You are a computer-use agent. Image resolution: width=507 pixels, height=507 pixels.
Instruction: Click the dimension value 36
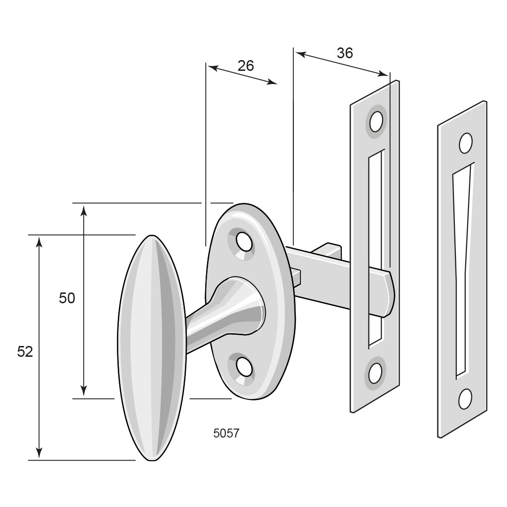[x=345, y=53]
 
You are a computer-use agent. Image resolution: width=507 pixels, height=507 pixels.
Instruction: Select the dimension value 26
[x=246, y=66]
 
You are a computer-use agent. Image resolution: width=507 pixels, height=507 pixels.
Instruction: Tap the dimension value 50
[x=67, y=298]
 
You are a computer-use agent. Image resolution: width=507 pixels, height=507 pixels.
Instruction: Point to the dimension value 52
[x=25, y=352]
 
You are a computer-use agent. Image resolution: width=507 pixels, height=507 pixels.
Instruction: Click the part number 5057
[x=226, y=433]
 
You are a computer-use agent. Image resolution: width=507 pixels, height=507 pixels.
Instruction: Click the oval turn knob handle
[x=152, y=347]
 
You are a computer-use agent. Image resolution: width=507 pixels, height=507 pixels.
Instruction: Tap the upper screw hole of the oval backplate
[x=244, y=242]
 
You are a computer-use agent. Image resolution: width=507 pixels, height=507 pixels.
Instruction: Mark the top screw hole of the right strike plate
[x=465, y=143]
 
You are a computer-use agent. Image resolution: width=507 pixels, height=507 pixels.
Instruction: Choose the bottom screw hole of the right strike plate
[x=465, y=399]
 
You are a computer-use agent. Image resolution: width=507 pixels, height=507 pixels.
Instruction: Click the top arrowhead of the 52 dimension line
[x=39, y=241]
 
